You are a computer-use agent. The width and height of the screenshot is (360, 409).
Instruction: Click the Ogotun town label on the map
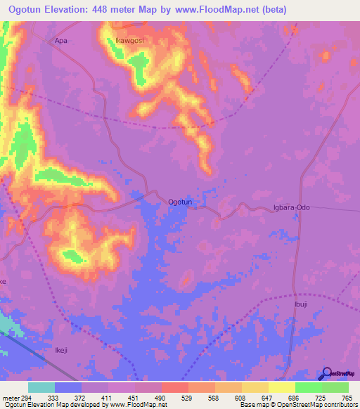pos(180,202)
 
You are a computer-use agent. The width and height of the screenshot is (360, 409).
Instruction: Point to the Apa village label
pos(61,41)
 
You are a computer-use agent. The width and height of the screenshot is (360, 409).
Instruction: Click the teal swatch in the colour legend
pos(41,387)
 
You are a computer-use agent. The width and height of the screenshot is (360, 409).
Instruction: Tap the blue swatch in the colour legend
pos(67,387)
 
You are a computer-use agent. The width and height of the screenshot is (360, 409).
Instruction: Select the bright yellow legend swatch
pos(281,387)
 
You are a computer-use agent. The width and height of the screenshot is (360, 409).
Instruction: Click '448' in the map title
pos(105,8)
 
